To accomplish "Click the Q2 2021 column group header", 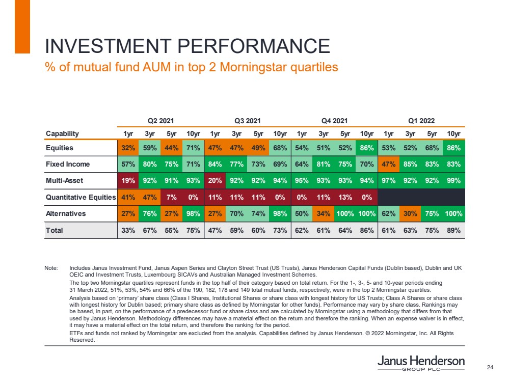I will tap(161, 121).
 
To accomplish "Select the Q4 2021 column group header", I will tap(335, 121).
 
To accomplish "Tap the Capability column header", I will tap(62, 133).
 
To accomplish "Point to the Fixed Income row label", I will tap(68, 164).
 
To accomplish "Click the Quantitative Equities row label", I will tap(81, 197).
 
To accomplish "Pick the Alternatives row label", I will tap(65, 213).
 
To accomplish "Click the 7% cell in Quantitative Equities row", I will tap(171, 197).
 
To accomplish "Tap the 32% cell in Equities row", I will tap(127, 148).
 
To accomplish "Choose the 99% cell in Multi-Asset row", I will tap(453, 180).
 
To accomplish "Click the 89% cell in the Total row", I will tap(453, 230).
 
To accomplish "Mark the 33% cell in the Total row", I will tap(127, 230).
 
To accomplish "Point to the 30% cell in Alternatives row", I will tap(410, 213).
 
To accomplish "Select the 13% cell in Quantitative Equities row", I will tap(345, 197).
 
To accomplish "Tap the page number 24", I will tap(491, 367).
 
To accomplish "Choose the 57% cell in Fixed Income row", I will tap(127, 164).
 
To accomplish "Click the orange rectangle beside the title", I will tap(22, 26).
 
